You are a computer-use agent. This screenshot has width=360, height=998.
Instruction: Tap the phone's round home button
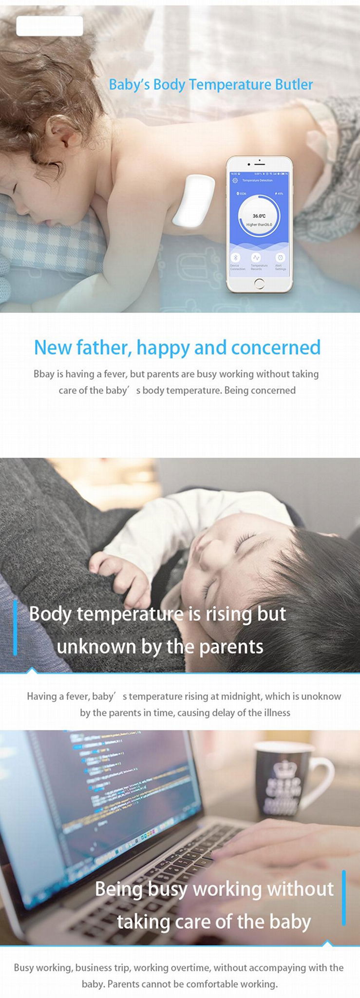(x=259, y=284)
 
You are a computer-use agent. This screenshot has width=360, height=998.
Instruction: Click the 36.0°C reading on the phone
(x=259, y=216)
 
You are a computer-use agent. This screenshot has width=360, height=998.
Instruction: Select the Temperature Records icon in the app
(x=256, y=258)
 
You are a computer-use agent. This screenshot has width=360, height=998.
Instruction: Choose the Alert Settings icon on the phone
(x=280, y=258)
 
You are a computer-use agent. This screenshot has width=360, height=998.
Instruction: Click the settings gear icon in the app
(x=235, y=180)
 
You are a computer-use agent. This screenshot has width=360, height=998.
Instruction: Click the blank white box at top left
(x=50, y=26)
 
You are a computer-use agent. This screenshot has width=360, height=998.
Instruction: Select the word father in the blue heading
(x=104, y=347)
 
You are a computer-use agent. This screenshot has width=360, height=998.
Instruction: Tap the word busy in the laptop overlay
(x=168, y=889)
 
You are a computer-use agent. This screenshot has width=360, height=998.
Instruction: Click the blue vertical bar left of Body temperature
(x=15, y=628)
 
